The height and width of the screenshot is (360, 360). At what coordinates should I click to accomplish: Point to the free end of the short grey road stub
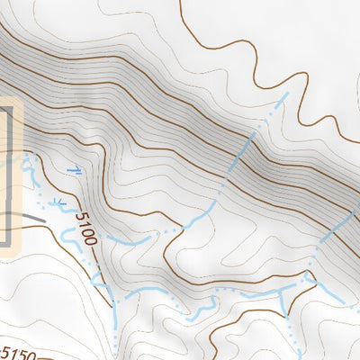tap(44, 219)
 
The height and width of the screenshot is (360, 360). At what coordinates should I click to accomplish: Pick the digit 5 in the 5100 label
tap(79, 217)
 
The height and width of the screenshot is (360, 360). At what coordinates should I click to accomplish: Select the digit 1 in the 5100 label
tap(83, 223)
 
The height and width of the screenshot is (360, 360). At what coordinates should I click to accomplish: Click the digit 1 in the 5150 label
tap(12, 351)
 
